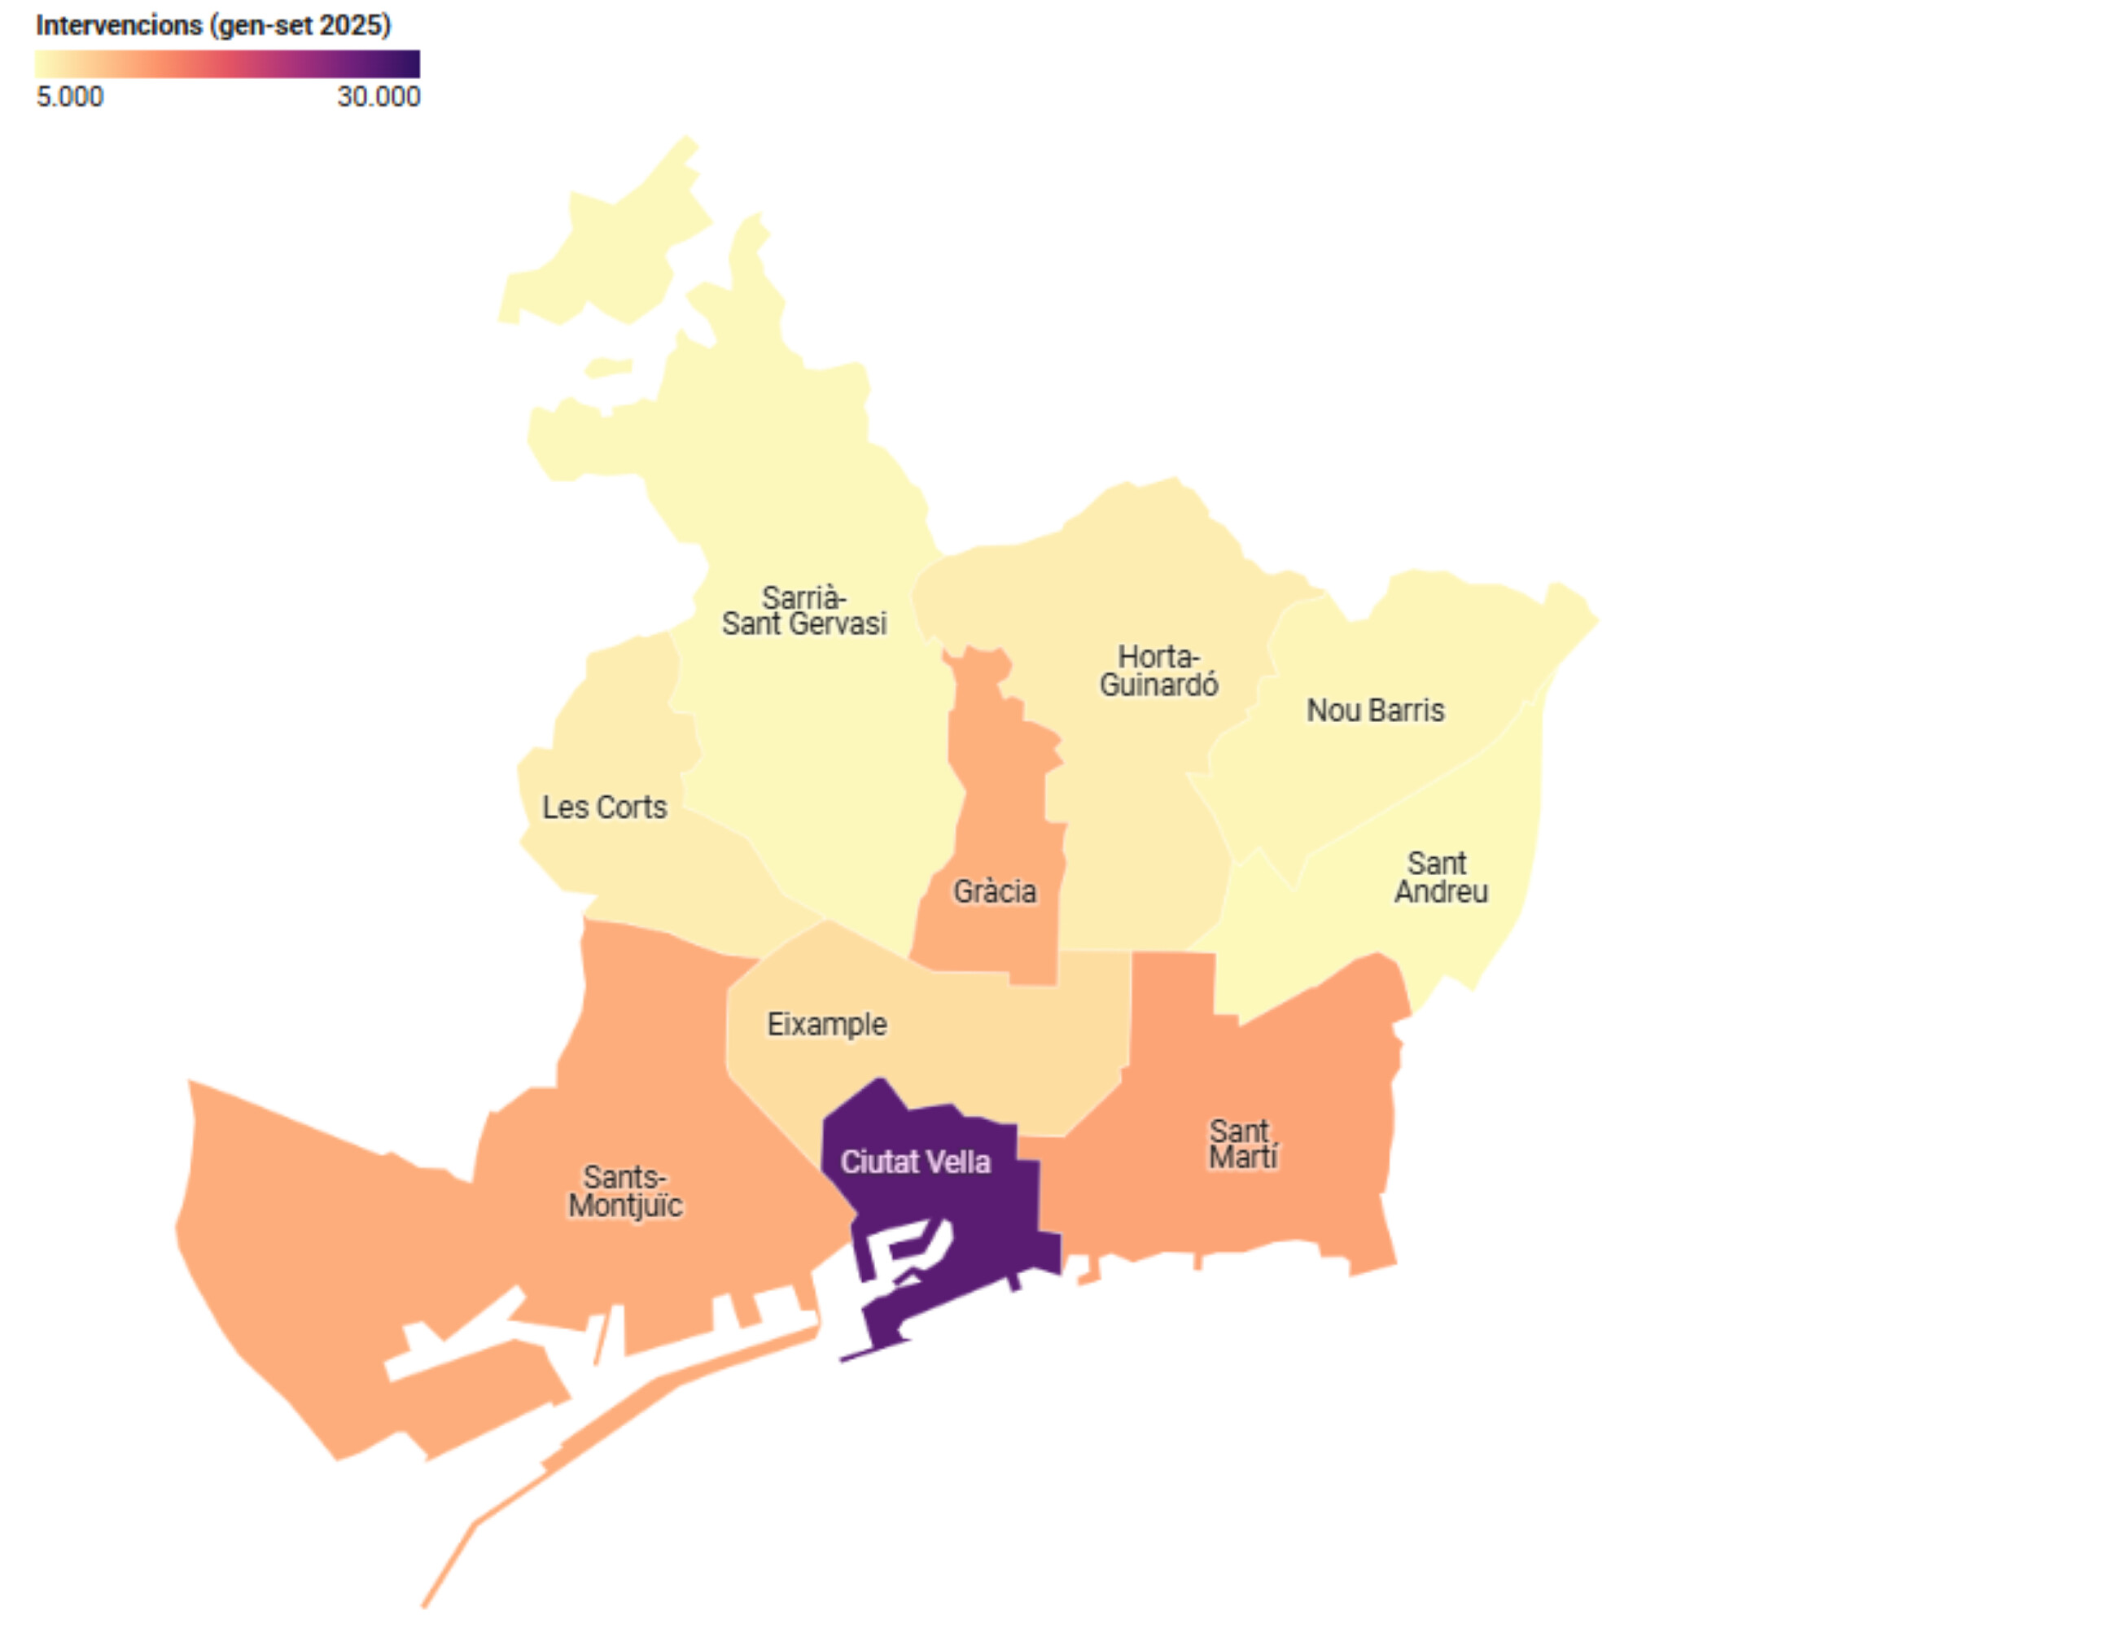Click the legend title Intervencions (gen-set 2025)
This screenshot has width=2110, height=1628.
click(x=213, y=25)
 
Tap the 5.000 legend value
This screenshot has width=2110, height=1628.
click(x=69, y=97)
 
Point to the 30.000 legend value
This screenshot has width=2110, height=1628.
click(x=378, y=97)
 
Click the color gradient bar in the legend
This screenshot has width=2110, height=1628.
click(x=227, y=63)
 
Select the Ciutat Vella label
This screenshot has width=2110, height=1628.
click(x=915, y=1162)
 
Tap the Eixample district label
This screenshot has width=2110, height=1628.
click(x=826, y=1024)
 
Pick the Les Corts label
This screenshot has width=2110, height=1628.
click(x=604, y=807)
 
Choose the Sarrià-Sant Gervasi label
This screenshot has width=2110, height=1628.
click(x=803, y=610)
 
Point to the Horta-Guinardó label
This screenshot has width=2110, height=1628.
click(x=1158, y=671)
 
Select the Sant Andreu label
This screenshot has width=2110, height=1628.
click(x=1439, y=877)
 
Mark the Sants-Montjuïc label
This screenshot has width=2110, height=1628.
click(x=625, y=1192)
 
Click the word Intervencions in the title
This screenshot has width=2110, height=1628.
click(x=119, y=25)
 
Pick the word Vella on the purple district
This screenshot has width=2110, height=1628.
click(x=955, y=1162)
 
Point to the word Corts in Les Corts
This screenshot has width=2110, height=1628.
click(x=631, y=807)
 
